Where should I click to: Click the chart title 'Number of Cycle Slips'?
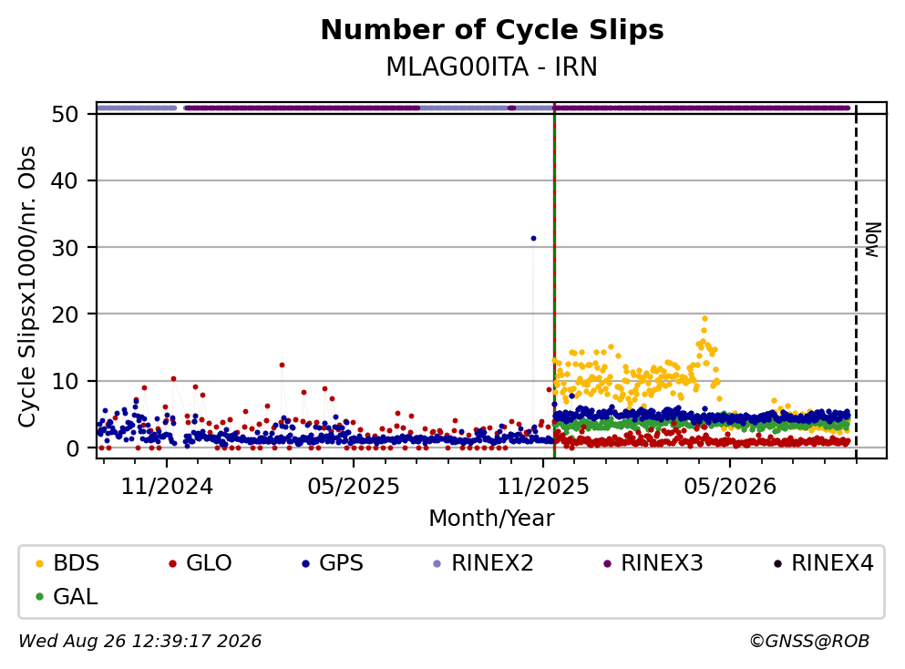tap(492, 30)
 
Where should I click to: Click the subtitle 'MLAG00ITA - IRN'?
tap(492, 67)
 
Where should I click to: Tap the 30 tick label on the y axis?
tap(65, 248)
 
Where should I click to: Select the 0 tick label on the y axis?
tap(72, 448)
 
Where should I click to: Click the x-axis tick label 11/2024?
tap(167, 487)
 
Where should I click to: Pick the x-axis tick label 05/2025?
tap(354, 487)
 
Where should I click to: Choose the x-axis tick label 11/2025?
tap(543, 487)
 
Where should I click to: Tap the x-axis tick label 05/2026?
tap(730, 487)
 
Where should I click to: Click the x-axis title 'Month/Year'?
tap(492, 519)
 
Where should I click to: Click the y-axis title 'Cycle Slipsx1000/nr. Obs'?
tap(27, 287)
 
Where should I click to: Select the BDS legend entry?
tap(67, 563)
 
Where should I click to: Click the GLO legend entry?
tap(200, 563)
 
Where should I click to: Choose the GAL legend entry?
tap(67, 597)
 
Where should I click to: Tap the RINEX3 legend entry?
tap(653, 563)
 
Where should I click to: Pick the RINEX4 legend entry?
tap(824, 563)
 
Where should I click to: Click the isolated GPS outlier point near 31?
tap(533, 239)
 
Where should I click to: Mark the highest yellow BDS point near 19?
tap(704, 319)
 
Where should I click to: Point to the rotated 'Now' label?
tap(873, 240)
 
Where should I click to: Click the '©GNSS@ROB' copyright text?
tap(809, 642)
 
